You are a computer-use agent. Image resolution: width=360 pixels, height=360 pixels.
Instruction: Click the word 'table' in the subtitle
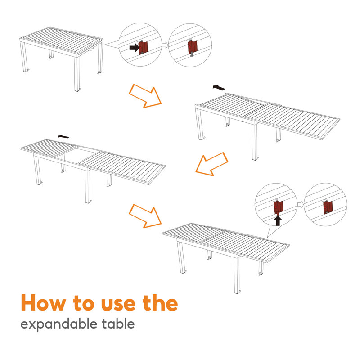(118, 324)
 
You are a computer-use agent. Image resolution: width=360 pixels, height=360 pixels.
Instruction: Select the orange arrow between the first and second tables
(145, 95)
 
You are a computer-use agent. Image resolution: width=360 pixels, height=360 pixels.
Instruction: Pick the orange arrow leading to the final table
(145, 215)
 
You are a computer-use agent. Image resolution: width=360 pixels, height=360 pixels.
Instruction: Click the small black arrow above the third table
(63, 136)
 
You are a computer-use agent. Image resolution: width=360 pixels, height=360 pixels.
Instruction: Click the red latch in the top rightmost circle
(193, 46)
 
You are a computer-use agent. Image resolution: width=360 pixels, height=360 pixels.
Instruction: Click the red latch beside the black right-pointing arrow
(144, 46)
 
